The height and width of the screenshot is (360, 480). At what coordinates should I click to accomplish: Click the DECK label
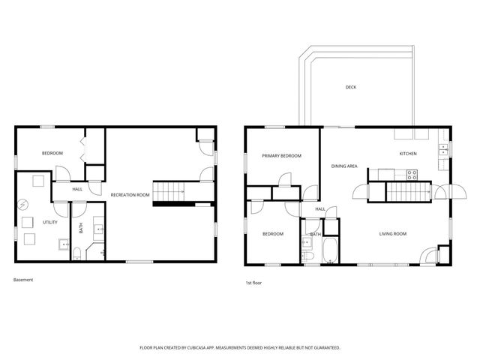pyautogui.click(x=350, y=87)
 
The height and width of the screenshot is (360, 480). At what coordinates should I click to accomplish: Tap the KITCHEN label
pyautogui.click(x=407, y=154)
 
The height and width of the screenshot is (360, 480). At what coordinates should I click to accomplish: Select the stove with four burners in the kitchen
pyautogui.click(x=412, y=174)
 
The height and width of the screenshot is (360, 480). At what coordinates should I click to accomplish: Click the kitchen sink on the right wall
pyautogui.click(x=443, y=149)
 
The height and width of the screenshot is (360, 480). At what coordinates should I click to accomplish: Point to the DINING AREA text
pyautogui.click(x=344, y=166)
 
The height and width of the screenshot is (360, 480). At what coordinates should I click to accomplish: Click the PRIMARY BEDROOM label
pyautogui.click(x=281, y=156)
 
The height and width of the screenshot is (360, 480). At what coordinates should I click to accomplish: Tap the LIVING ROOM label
pyautogui.click(x=392, y=234)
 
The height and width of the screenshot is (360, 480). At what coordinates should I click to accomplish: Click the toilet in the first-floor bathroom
pyautogui.click(x=308, y=256)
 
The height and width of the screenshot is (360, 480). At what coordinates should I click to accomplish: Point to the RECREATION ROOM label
pyautogui.click(x=130, y=195)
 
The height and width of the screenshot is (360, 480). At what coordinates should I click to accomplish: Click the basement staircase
pyautogui.click(x=169, y=190)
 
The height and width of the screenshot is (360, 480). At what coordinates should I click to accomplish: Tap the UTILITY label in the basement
pyautogui.click(x=50, y=222)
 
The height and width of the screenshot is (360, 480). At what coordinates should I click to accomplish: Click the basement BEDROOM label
pyautogui.click(x=52, y=153)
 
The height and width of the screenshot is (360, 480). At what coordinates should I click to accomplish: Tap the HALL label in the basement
pyautogui.click(x=77, y=189)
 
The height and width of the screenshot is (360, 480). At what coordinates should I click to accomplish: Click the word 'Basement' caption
pyautogui.click(x=23, y=280)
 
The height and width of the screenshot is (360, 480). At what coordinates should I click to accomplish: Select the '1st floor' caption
pyautogui.click(x=254, y=283)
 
